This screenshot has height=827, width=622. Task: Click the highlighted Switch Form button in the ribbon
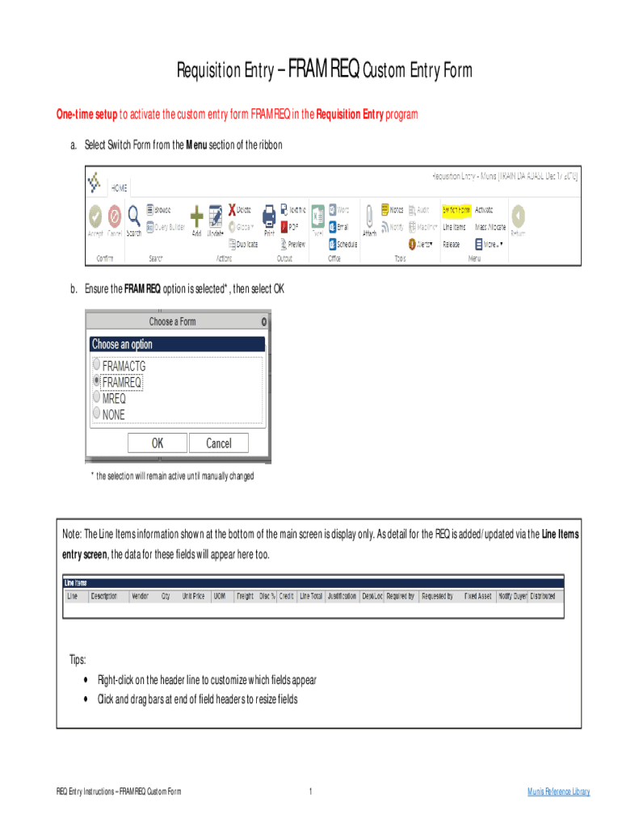point(456,208)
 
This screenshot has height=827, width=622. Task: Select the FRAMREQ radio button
point(97,380)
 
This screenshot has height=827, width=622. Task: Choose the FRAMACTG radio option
point(97,364)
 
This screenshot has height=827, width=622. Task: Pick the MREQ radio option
point(97,397)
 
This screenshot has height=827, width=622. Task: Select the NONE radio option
point(97,413)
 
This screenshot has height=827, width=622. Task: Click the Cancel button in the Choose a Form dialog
point(218,443)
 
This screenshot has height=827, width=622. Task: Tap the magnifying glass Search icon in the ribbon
point(134,216)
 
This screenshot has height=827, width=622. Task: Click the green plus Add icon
point(196,216)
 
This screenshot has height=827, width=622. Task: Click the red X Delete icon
point(233,208)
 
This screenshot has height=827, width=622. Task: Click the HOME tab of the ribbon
point(118,187)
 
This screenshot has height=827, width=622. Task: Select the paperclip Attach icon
point(369,216)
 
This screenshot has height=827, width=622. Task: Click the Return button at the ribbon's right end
point(518,216)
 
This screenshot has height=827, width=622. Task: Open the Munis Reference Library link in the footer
point(558,791)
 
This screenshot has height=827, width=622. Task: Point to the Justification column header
point(341,596)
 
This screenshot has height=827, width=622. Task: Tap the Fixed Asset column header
point(478,596)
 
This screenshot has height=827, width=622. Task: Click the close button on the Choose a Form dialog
point(264,321)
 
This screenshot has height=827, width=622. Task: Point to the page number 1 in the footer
point(310,791)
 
